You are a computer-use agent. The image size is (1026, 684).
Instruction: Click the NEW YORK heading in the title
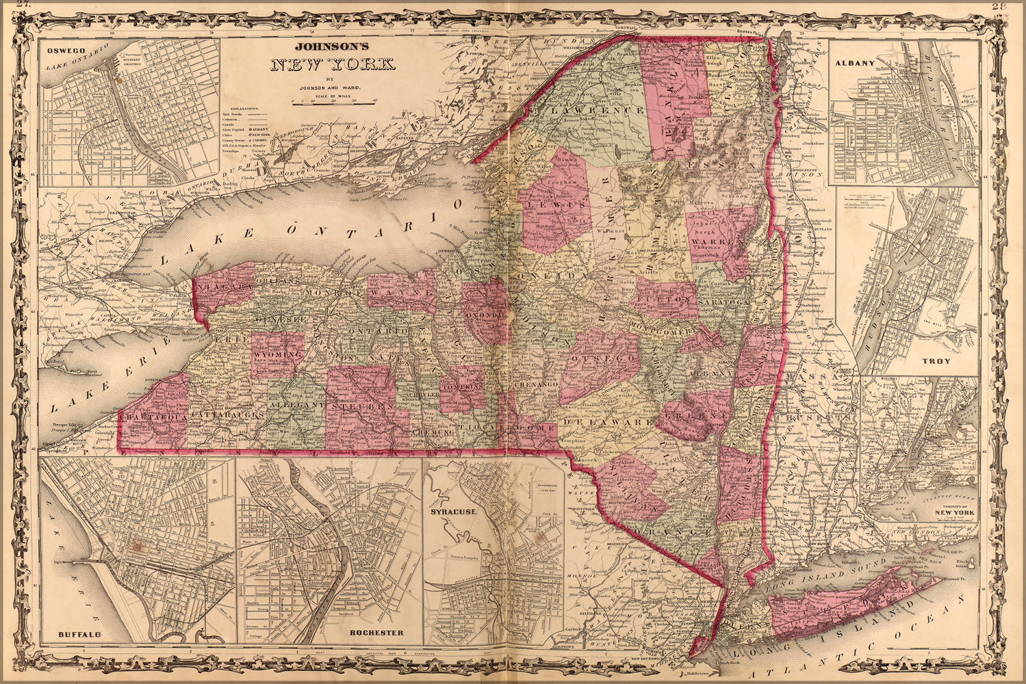(333, 66)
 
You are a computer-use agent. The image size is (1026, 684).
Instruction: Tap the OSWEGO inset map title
(60, 50)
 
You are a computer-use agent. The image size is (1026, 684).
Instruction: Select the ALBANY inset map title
(855, 62)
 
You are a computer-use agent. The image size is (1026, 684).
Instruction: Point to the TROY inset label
(935, 360)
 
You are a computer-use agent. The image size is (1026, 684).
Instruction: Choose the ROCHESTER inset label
(376, 633)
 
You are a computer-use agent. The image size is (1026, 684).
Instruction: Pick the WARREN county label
(717, 242)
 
